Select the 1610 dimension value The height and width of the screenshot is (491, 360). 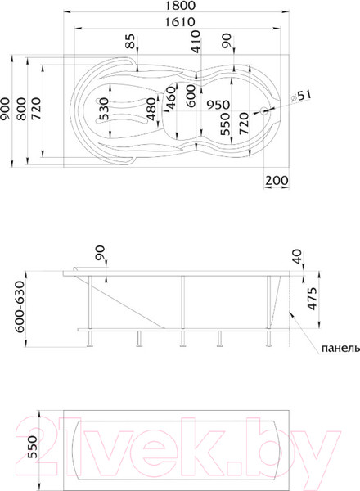coord(178,23)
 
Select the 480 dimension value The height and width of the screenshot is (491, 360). coord(151,112)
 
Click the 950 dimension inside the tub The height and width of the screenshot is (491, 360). coord(216,105)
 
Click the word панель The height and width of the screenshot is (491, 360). coord(338,347)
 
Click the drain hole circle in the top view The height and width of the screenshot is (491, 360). coord(264,112)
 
